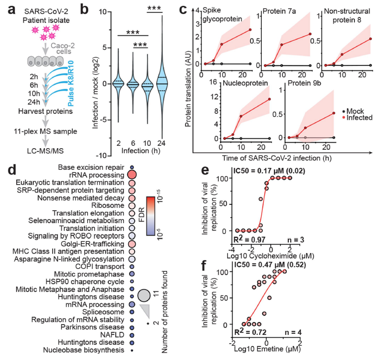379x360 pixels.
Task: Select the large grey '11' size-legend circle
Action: click(x=144, y=295)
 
